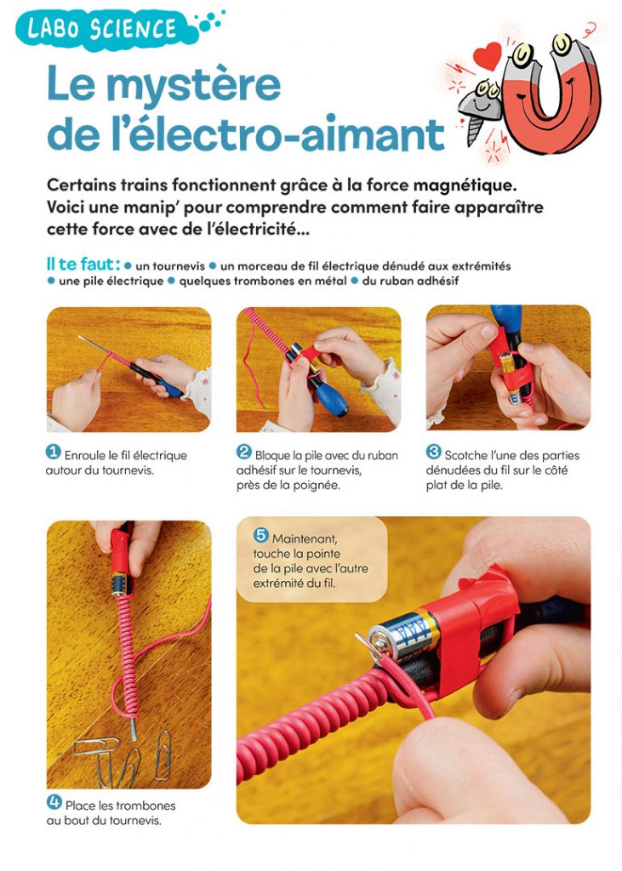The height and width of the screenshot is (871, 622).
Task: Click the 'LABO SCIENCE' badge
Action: (x=103, y=29)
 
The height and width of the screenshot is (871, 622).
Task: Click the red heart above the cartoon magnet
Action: (x=487, y=57)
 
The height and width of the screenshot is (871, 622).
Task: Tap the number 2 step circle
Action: (x=244, y=453)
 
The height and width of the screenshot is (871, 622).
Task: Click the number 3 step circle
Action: (x=434, y=453)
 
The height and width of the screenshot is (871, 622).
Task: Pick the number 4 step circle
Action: (x=54, y=802)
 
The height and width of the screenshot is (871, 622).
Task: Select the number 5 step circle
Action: (x=261, y=536)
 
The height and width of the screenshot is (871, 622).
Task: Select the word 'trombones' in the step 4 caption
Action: (x=148, y=806)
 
